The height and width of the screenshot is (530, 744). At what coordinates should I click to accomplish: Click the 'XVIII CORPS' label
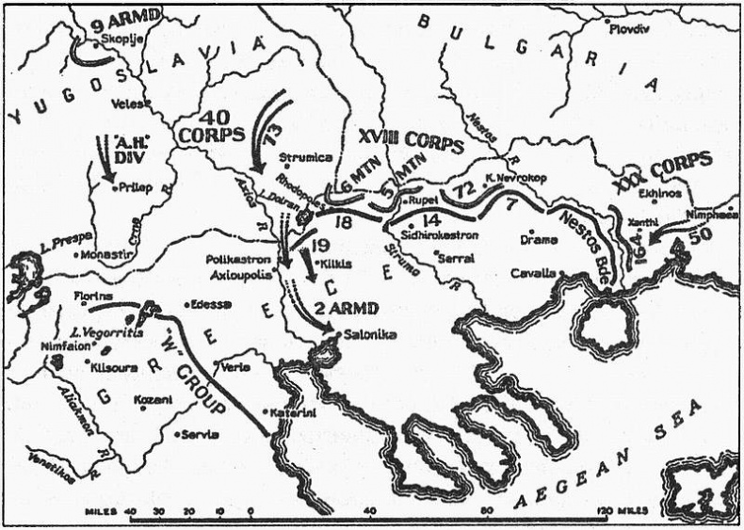(412, 144)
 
